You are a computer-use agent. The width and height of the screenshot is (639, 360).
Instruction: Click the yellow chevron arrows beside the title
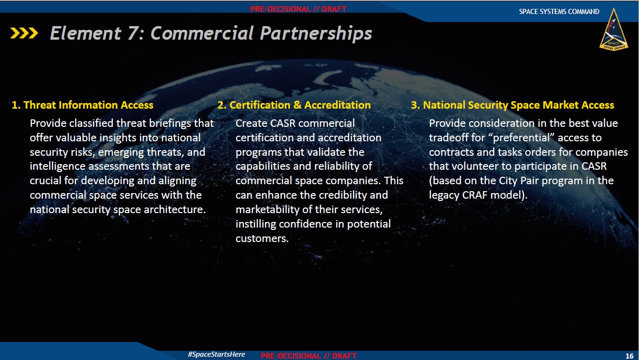click(24, 33)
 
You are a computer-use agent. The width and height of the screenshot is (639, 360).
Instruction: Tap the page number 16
click(629, 356)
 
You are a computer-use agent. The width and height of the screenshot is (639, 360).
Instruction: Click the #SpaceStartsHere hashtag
click(216, 354)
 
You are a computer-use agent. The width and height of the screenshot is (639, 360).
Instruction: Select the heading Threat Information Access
click(83, 105)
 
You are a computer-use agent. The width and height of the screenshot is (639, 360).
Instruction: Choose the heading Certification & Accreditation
click(294, 105)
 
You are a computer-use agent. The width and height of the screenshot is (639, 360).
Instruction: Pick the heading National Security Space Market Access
click(512, 105)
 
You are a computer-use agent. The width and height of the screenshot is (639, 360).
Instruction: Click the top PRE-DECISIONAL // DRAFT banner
click(299, 9)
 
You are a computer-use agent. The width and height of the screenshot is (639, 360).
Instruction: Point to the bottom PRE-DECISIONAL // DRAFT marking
click(309, 356)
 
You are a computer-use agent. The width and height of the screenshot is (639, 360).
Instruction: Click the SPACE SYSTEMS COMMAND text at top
click(559, 12)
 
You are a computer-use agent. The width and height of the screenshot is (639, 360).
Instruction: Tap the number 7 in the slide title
click(133, 33)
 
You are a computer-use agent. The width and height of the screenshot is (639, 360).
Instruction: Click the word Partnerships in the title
click(316, 34)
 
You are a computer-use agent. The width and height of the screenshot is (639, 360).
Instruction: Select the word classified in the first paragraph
click(91, 123)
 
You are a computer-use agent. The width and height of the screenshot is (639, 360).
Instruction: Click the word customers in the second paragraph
click(262, 238)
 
